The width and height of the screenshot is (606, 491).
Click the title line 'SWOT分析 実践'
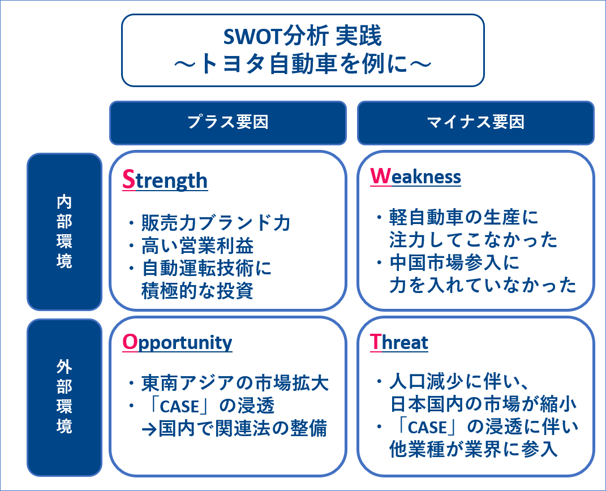303,36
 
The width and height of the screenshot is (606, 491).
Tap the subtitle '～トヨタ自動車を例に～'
303,63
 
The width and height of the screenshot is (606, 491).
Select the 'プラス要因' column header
228,122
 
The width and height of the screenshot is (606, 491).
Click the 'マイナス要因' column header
476,122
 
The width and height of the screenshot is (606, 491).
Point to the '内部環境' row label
64,232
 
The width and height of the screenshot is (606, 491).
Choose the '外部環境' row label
64,397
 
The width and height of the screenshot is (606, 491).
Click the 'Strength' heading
165,180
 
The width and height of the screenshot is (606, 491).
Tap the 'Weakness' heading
415,176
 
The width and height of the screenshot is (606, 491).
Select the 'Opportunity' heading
177,343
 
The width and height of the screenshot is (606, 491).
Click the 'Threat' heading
399,342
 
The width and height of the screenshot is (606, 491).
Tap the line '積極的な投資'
197,291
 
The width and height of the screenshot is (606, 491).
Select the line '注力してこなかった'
473,239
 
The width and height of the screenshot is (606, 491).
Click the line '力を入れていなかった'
483,285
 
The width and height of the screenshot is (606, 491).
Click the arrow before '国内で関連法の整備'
149,429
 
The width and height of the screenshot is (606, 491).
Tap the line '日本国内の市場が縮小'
483,404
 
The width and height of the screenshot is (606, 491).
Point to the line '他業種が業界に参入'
474,449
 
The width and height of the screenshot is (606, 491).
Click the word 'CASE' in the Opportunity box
179,407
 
